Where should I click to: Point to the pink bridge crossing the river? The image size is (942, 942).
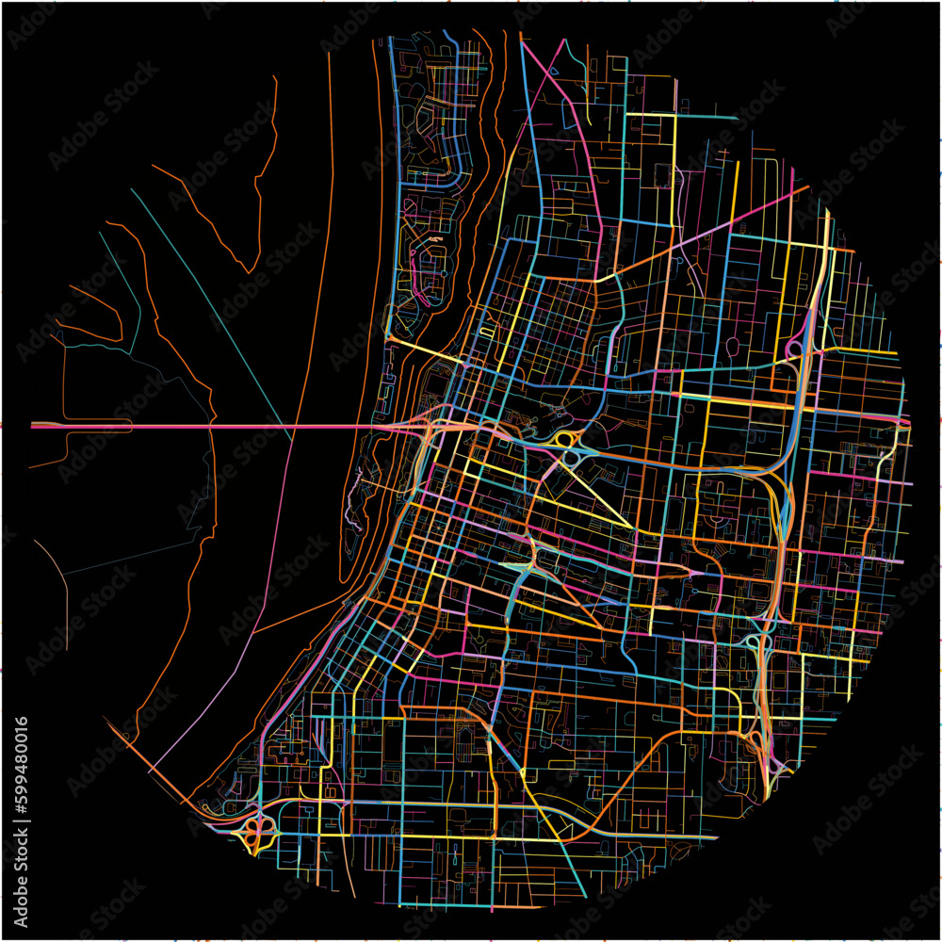(235, 426)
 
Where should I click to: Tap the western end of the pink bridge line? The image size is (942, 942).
(34, 426)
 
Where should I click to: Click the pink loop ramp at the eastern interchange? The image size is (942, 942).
(792, 349)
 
